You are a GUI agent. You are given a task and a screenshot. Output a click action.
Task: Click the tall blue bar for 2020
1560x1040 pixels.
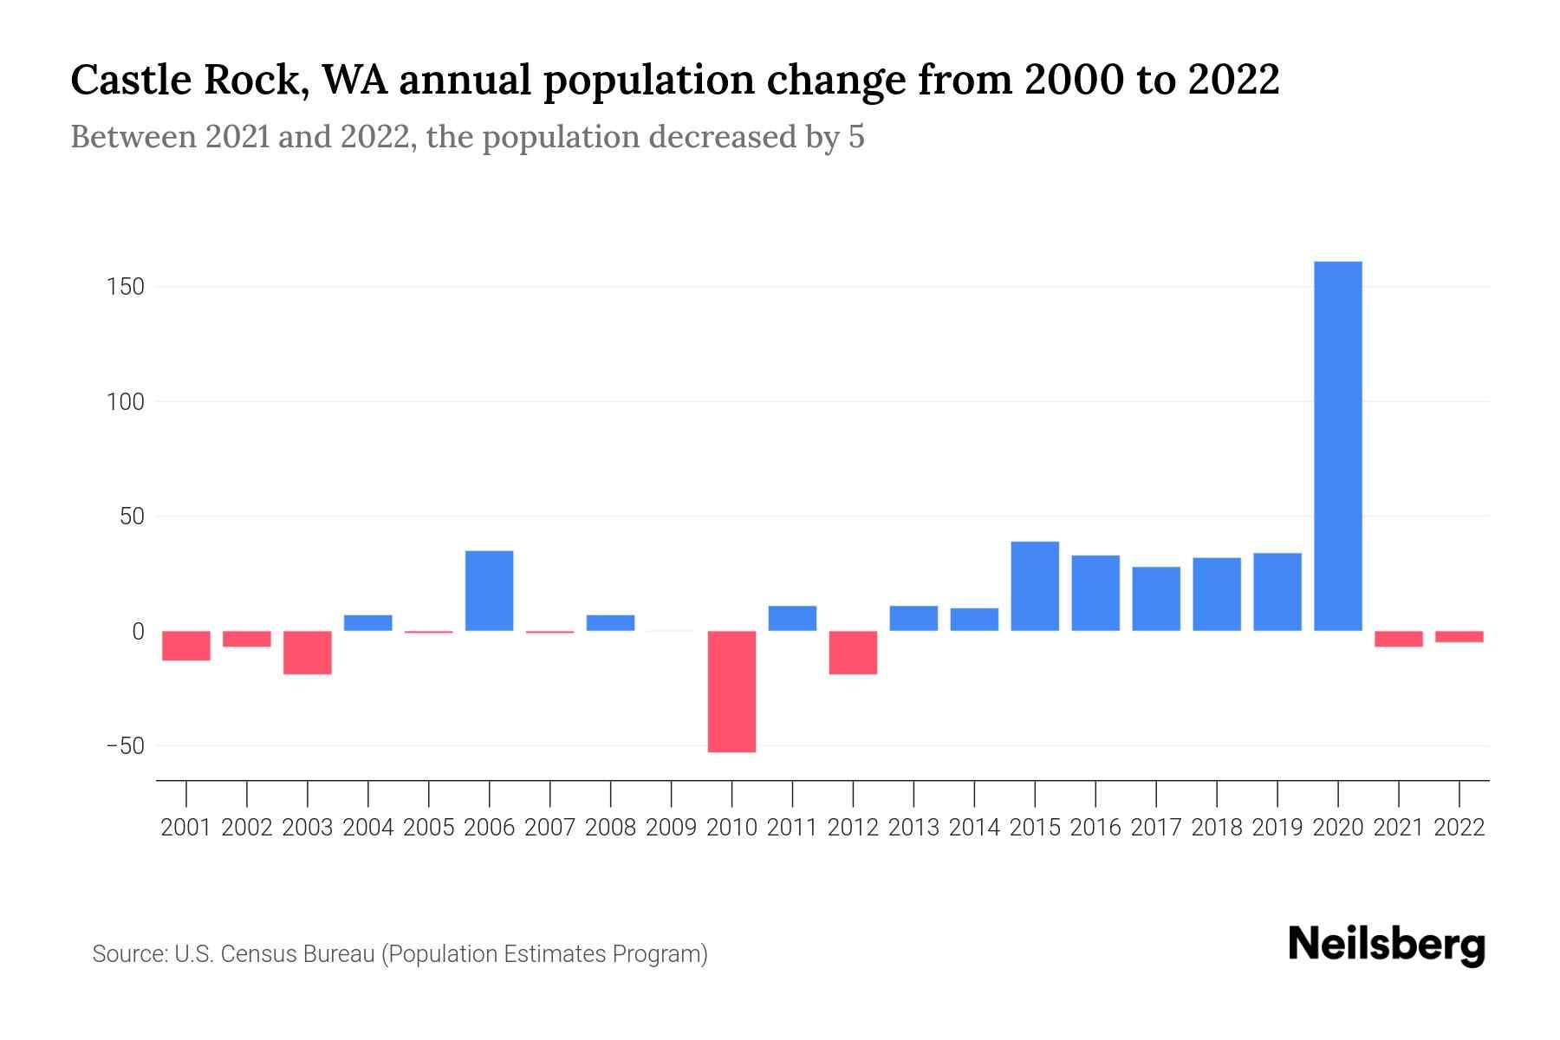1337,446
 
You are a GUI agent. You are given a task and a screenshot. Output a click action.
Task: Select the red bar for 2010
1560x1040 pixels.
731,691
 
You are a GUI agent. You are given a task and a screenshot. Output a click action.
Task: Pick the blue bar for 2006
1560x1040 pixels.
489,590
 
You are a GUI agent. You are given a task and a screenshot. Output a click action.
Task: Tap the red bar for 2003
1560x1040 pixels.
308,652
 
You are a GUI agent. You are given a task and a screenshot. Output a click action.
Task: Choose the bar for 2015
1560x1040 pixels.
1035,586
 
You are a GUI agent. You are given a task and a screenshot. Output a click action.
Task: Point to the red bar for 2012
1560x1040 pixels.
853,652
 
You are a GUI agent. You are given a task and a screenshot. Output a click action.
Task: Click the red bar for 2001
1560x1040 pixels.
186,646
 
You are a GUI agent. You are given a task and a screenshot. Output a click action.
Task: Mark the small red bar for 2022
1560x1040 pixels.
1459,637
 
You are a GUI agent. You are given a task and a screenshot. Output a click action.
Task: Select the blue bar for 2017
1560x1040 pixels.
1156,598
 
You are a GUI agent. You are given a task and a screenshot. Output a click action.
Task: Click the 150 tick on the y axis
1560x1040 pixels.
126,287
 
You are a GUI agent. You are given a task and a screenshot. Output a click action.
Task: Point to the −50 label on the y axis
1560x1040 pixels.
124,746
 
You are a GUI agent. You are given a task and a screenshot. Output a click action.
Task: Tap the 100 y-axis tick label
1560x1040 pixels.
126,402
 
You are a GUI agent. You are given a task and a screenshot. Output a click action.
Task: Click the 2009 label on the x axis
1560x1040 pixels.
671,828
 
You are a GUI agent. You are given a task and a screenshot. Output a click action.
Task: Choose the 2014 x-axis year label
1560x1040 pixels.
974,828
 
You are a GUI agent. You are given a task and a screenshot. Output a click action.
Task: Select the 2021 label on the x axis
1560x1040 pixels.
1398,828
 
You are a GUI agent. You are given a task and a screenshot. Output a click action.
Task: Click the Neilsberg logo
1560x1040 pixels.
1386,946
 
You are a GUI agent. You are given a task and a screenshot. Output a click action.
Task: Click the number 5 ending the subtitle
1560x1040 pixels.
856,138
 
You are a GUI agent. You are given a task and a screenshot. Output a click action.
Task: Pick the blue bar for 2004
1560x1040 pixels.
368,623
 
